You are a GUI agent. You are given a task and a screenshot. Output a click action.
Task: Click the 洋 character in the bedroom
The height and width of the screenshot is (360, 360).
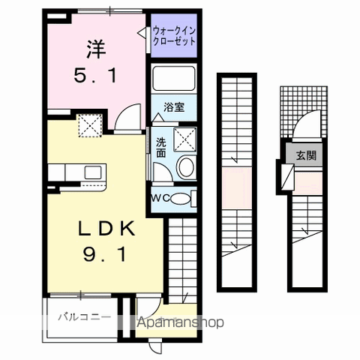[x=97, y=49]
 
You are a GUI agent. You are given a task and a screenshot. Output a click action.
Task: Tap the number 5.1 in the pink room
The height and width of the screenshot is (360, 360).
[x=95, y=76]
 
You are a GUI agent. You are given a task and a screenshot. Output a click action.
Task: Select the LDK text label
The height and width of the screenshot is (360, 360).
[x=106, y=229]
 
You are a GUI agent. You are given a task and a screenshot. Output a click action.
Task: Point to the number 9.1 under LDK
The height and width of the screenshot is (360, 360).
[x=104, y=254]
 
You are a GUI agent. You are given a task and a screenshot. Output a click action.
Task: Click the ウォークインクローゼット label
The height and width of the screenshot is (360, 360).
[x=174, y=36]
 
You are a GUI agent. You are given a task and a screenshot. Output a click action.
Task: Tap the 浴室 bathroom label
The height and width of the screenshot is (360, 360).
[x=174, y=107]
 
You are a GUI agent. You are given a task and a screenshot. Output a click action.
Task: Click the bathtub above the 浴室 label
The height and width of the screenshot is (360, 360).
[x=174, y=78]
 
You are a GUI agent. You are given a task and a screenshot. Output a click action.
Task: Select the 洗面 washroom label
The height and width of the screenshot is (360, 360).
[x=161, y=148]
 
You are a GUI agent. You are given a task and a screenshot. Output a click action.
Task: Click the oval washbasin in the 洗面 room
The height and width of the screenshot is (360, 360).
[x=185, y=166]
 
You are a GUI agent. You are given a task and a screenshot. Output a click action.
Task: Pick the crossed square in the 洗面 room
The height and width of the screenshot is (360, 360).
[x=185, y=139]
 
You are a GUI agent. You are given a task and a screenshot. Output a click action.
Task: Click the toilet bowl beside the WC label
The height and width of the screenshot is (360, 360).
[x=181, y=199]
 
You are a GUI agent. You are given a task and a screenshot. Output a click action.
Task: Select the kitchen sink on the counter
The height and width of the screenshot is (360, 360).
[x=93, y=172]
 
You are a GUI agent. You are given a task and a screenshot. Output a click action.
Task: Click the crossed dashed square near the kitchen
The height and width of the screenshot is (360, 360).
[x=90, y=126]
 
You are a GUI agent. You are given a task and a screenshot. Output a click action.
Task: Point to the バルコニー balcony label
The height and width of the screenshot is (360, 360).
[x=85, y=317]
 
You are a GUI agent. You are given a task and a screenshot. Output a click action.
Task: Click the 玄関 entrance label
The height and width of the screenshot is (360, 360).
[x=307, y=155]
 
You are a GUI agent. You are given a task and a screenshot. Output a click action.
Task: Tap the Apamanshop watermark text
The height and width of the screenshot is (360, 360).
[x=180, y=322]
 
